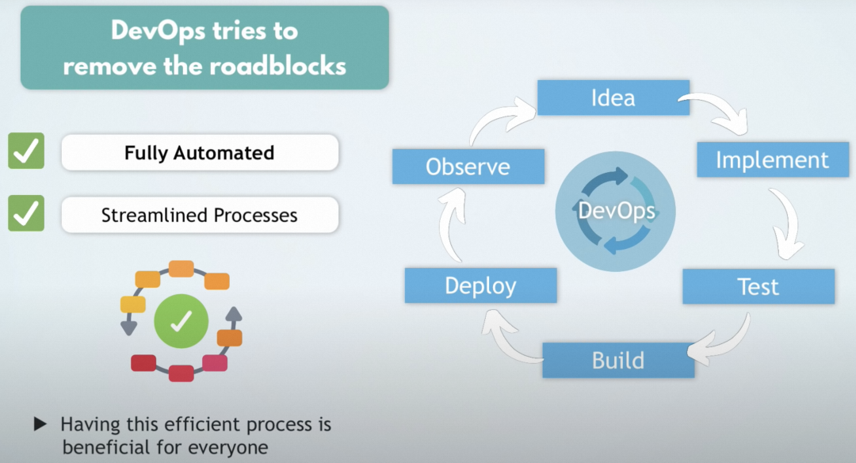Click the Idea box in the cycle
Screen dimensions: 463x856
613,98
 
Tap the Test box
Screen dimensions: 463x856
758,286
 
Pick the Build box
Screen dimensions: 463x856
617,361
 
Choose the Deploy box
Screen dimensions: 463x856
480,285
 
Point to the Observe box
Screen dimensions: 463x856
468,167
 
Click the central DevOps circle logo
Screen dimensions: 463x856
616,210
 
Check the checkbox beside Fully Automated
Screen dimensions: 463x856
26,151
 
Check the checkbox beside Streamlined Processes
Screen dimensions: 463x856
26,214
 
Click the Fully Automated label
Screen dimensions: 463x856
199,153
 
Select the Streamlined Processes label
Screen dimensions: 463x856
199,215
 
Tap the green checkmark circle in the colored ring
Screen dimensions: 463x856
181,320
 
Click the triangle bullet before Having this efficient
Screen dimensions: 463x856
40,425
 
